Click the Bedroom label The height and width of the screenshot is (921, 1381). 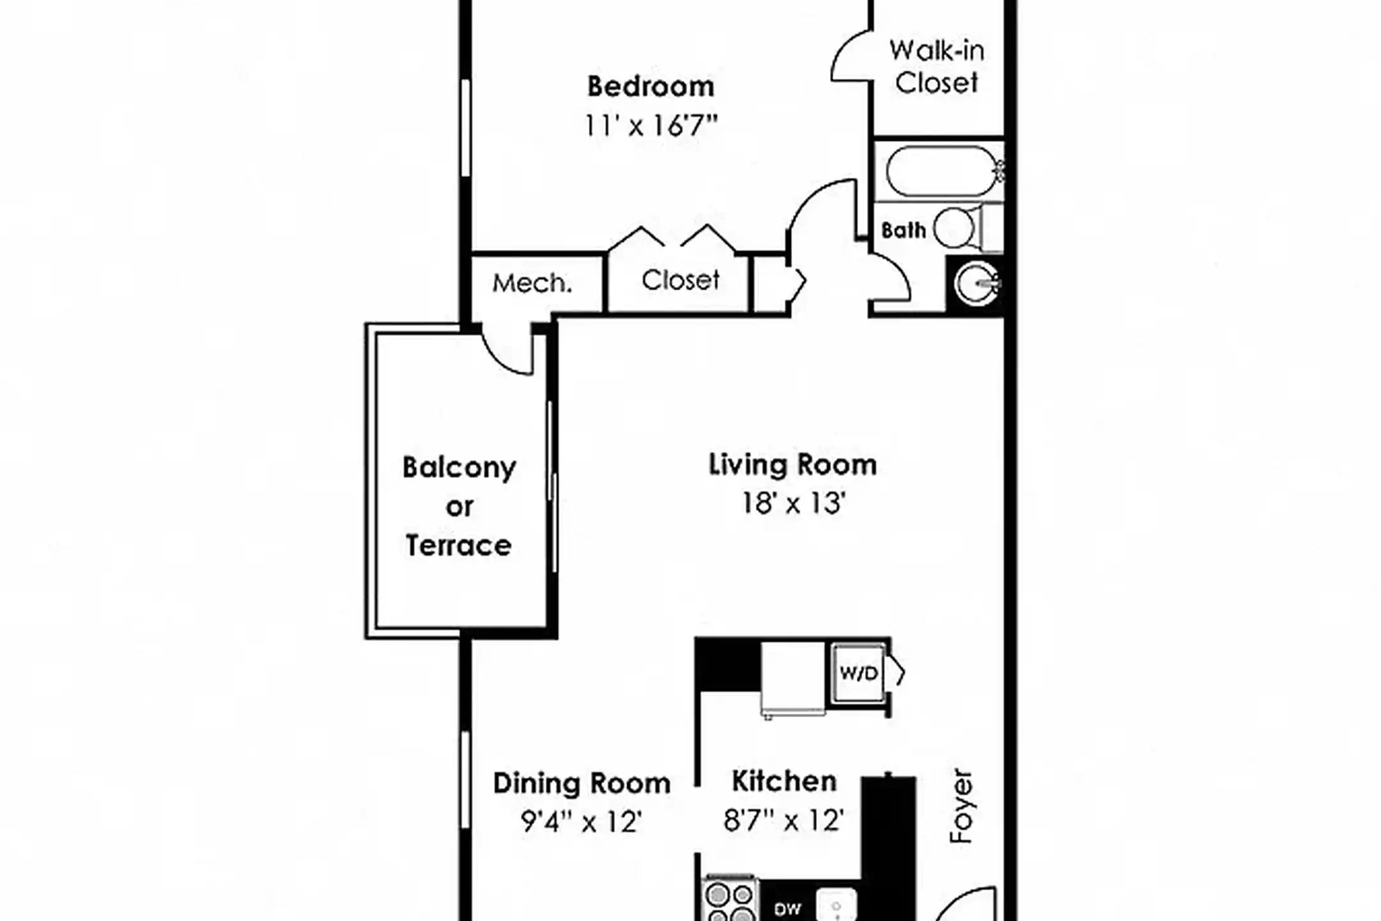pyautogui.click(x=650, y=87)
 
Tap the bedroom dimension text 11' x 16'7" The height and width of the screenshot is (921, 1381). pyautogui.click(x=650, y=126)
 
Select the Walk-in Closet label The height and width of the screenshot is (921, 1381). pyautogui.click(x=936, y=67)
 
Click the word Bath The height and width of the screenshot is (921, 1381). pyautogui.click(x=903, y=230)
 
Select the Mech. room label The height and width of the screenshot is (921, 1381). pyautogui.click(x=531, y=283)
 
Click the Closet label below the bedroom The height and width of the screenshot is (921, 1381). pyautogui.click(x=680, y=280)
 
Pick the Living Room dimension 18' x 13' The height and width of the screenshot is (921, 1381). pyautogui.click(x=793, y=503)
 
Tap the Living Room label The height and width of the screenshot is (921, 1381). pyautogui.click(x=792, y=465)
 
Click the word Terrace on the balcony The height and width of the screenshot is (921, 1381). pyautogui.click(x=458, y=546)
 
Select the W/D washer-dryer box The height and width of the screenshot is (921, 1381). pyautogui.click(x=859, y=673)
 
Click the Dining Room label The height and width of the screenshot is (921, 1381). pyautogui.click(x=581, y=783)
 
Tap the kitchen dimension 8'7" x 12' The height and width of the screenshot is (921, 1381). pyautogui.click(x=784, y=820)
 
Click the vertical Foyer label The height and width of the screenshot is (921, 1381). pyautogui.click(x=961, y=806)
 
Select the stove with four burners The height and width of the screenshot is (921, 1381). pyautogui.click(x=729, y=902)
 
